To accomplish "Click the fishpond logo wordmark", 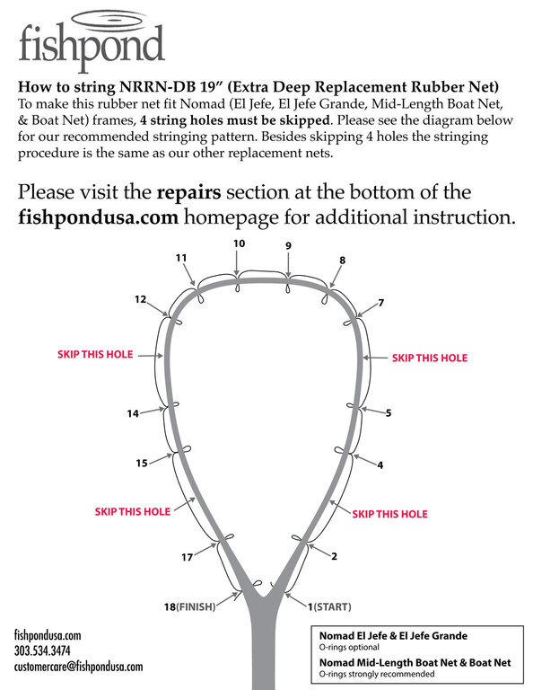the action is [x=92, y=44].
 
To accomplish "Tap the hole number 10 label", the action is [x=239, y=243].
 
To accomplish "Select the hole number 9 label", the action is [x=288, y=245].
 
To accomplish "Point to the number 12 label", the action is [x=140, y=300].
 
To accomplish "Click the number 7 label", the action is [x=381, y=303].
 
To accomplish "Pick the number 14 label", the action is [x=133, y=413].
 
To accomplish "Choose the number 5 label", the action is [x=389, y=413].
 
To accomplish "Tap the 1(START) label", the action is [x=329, y=606].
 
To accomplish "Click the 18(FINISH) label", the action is [x=190, y=606].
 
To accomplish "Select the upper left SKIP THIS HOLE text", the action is [x=95, y=355].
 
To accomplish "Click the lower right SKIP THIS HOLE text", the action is [x=389, y=514].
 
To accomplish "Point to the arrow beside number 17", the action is [x=205, y=550].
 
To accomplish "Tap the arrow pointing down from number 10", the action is [x=237, y=263].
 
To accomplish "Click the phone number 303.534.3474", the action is [x=42, y=650].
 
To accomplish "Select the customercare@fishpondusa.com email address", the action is [x=78, y=667].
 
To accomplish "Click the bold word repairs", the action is [x=189, y=192].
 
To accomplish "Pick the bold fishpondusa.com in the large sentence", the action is [x=99, y=217].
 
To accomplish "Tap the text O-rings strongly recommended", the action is [x=377, y=674].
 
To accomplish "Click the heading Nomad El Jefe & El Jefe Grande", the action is [x=393, y=636].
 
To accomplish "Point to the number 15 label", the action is [x=142, y=464].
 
